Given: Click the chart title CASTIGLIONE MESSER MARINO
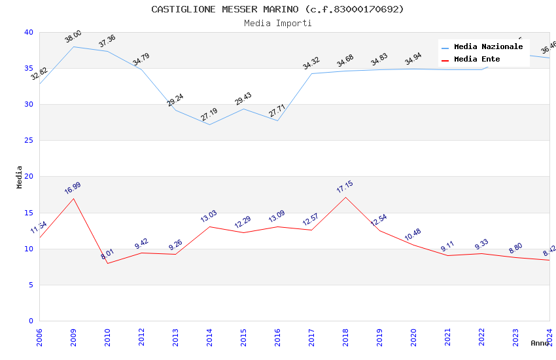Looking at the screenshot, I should pyautogui.click(x=277, y=9).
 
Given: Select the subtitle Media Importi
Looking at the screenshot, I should pyautogui.click(x=277, y=23).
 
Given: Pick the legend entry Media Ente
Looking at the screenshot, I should pyautogui.click(x=477, y=60).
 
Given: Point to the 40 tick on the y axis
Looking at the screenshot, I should pyautogui.click(x=28, y=33).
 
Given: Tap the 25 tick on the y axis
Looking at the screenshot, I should pyautogui.click(x=28, y=141).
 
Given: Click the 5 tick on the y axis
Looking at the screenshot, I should pyautogui.click(x=30, y=285).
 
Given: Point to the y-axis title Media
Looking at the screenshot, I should pyautogui.click(x=20, y=177).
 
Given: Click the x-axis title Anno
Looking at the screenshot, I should pyautogui.click(x=540, y=343).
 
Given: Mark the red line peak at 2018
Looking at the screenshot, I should pyautogui.click(x=345, y=197).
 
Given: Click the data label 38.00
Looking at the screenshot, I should pyautogui.click(x=73, y=37).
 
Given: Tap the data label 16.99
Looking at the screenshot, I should pyautogui.click(x=73, y=188).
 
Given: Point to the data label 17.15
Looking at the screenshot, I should pyautogui.click(x=345, y=187).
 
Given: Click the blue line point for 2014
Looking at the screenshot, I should pyautogui.click(x=209, y=124).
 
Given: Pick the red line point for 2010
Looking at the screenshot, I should pyautogui.click(x=107, y=263).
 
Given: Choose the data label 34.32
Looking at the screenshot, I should pyautogui.click(x=311, y=63).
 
